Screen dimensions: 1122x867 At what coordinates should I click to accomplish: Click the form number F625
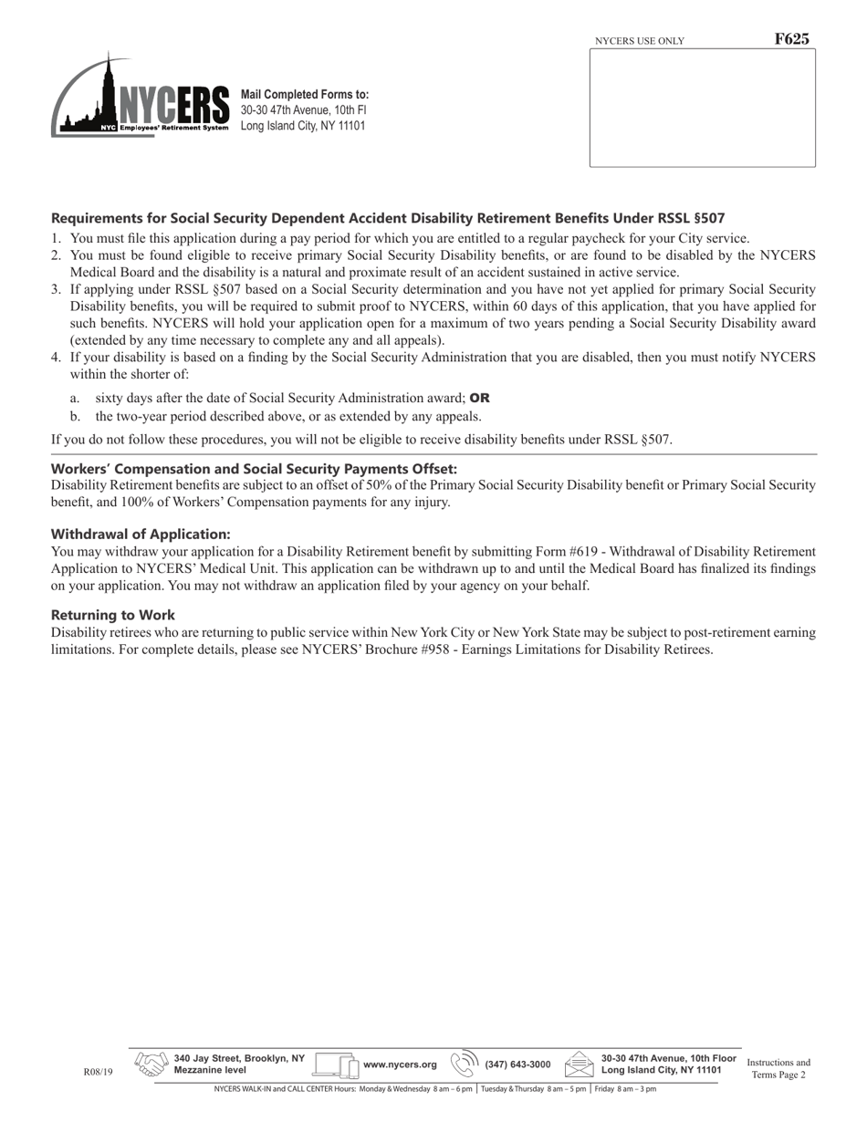point(791,39)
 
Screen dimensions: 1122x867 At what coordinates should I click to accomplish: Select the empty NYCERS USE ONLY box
point(702,108)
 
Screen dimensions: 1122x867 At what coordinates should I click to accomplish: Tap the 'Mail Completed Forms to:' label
point(305,95)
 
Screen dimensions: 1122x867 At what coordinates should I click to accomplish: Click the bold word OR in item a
point(480,398)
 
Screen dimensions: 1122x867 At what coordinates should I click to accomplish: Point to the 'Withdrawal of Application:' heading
point(141,534)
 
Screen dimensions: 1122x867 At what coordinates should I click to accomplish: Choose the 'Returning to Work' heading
point(113,615)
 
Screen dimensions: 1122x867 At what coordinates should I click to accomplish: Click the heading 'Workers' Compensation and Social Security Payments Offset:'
point(254,469)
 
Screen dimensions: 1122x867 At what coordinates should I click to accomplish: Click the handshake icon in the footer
point(151,1065)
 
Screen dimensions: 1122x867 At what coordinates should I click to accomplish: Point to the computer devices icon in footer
point(336,1065)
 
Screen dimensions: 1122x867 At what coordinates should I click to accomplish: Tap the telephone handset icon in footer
point(465,1064)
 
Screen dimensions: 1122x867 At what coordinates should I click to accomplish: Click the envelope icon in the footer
point(580,1065)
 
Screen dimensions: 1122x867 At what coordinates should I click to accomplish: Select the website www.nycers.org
point(400,1065)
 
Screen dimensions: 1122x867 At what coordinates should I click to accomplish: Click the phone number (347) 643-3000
point(517,1065)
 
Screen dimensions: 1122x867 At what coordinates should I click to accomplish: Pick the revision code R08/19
point(98,1072)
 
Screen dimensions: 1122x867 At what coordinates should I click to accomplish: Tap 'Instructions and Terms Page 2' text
point(778,1068)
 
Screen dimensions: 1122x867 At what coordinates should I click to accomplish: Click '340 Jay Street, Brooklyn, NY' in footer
point(239,1058)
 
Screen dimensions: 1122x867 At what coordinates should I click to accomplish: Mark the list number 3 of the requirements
point(56,289)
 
